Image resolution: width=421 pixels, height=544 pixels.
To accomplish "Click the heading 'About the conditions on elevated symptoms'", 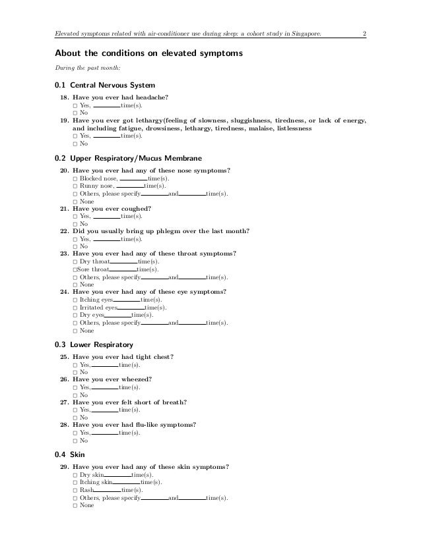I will pyautogui.click(x=148, y=52).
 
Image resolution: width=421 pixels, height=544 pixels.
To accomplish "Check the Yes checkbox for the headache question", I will pyautogui.click(x=75, y=105).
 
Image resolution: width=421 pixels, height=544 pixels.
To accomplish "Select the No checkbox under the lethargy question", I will pyautogui.click(x=75, y=144).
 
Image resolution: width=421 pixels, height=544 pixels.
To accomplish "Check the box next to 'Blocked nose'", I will pyautogui.click(x=75, y=179).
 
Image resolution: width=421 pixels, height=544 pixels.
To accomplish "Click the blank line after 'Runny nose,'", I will pyautogui.click(x=130, y=187).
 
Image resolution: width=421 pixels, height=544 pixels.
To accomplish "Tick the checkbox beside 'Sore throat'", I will pyautogui.click(x=75, y=269).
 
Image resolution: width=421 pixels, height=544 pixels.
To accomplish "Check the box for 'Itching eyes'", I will pyautogui.click(x=75, y=300).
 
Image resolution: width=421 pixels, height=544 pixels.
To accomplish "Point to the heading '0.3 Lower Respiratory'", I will pyautogui.click(x=94, y=344).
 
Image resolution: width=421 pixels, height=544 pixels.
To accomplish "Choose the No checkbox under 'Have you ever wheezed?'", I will pyautogui.click(x=75, y=395).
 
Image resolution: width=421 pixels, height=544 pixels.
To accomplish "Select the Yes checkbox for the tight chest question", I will pyautogui.click(x=75, y=365).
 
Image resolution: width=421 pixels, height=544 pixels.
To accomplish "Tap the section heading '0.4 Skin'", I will pyautogui.click(x=70, y=454).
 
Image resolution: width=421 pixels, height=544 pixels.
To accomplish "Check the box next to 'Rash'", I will pyautogui.click(x=75, y=491).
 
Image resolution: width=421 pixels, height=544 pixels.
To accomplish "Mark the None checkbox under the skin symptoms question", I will pyautogui.click(x=75, y=506).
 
